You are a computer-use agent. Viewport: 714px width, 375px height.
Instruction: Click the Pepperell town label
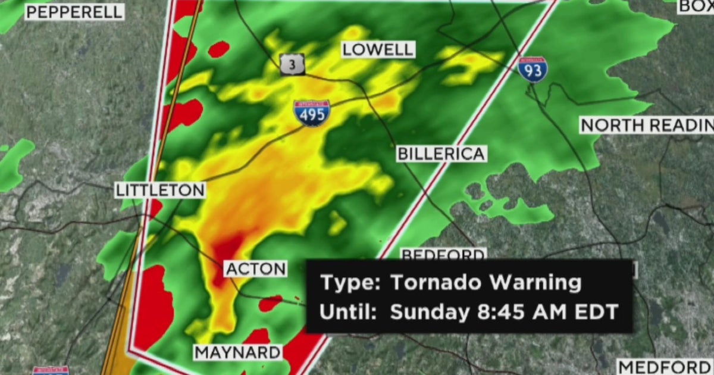pyautogui.click(x=74, y=12)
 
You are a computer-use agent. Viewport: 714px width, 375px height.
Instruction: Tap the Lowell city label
pyautogui.click(x=378, y=49)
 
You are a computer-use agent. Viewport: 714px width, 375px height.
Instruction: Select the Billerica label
pyautogui.click(x=441, y=154)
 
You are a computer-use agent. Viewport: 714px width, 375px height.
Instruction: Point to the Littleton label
pyautogui.click(x=160, y=190)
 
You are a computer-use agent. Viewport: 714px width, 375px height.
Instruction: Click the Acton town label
pyautogui.click(x=256, y=268)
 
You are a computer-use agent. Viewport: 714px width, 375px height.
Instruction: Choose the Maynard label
pyautogui.click(x=237, y=352)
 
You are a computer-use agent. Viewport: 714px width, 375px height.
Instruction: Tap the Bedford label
pyautogui.click(x=443, y=255)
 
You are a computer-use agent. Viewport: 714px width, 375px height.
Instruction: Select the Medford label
pyautogui.click(x=663, y=366)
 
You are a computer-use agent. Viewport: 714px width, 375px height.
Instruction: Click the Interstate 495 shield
pyautogui.click(x=311, y=112)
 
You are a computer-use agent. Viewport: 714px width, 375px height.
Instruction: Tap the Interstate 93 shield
pyautogui.click(x=532, y=70)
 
